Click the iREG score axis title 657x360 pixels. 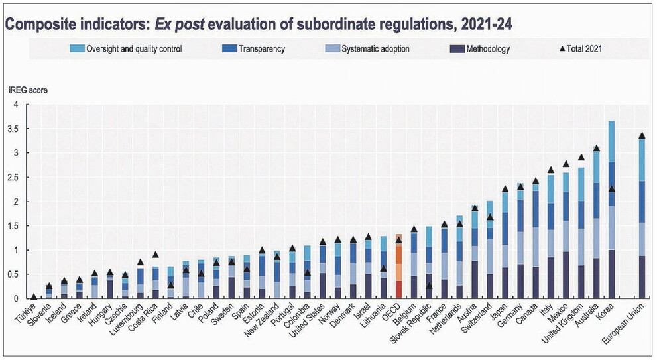click(28, 90)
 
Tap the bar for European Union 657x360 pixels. click(642, 219)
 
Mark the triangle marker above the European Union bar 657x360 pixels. click(642, 135)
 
